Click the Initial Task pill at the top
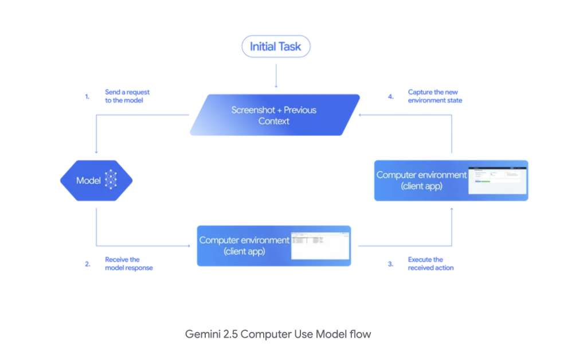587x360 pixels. pos(276,46)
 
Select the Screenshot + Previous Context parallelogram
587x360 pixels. pos(274,115)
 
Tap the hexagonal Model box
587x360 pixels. pos(96,181)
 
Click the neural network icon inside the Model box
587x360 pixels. pos(111,181)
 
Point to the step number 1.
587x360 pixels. pos(87,96)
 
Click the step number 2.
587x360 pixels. pos(87,264)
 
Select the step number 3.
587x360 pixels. pos(390,264)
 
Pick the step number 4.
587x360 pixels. pos(390,96)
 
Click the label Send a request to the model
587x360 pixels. pos(127,96)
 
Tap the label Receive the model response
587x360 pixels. pos(128,264)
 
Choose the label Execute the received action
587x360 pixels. pos(431,264)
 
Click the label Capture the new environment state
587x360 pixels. pos(435,96)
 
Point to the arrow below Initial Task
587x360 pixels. pos(276,76)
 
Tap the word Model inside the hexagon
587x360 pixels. pos(88,181)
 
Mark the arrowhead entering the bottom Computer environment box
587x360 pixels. pos(189,246)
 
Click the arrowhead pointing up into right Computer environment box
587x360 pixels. pos(452,210)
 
